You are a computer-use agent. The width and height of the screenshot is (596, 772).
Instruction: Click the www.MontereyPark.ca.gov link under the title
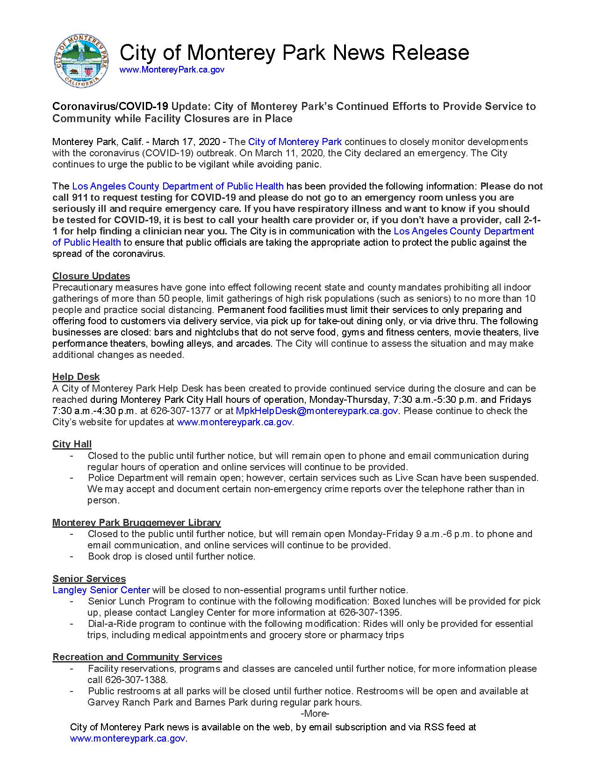172,70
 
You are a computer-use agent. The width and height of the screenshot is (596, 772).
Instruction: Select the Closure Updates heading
91,276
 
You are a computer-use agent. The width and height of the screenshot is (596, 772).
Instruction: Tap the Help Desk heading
76,377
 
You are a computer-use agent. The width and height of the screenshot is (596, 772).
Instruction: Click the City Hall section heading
72,444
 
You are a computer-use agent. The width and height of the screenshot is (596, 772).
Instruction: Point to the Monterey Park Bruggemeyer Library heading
136,522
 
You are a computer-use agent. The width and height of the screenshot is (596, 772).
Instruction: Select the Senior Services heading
89,579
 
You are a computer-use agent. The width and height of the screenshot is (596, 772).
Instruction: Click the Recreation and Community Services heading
137,657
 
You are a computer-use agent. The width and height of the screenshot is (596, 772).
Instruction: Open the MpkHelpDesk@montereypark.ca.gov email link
317,411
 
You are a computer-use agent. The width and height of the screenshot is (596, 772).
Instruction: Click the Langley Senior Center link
101,590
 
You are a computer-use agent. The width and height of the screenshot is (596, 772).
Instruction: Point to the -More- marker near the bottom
315,714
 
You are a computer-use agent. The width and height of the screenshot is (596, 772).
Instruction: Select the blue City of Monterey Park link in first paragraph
295,142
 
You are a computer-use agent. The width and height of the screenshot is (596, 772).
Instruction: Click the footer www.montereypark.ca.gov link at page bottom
128,739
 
